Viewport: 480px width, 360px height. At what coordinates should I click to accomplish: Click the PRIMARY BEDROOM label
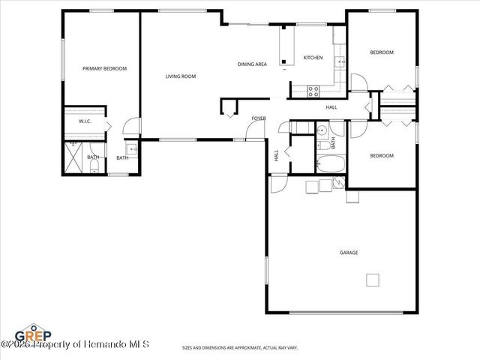pyautogui.click(x=104, y=68)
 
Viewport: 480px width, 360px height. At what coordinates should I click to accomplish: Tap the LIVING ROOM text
pyautogui.click(x=181, y=76)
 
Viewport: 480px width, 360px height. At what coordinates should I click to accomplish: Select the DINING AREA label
pyautogui.click(x=252, y=64)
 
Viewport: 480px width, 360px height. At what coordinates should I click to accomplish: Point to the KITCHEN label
pyautogui.click(x=313, y=58)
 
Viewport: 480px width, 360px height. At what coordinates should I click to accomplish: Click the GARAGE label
pyautogui.click(x=349, y=253)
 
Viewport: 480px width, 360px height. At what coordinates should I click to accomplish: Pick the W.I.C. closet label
pyautogui.click(x=85, y=121)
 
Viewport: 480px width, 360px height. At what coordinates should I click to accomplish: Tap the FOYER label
pyautogui.click(x=259, y=118)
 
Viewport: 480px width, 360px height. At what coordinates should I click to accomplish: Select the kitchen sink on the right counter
pyautogui.click(x=339, y=61)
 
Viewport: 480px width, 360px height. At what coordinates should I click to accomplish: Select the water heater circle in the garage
pyautogui.click(x=338, y=182)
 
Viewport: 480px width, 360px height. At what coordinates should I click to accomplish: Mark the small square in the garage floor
pyautogui.click(x=372, y=280)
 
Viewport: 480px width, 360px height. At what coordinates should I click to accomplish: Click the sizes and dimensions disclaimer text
pyautogui.click(x=239, y=347)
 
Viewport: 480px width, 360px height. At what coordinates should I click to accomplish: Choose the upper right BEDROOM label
pyautogui.click(x=382, y=52)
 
